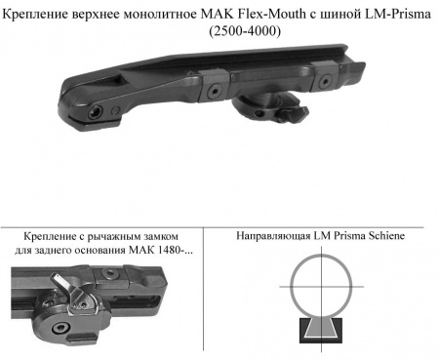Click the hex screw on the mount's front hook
point(95,113)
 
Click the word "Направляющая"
point(276,236)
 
